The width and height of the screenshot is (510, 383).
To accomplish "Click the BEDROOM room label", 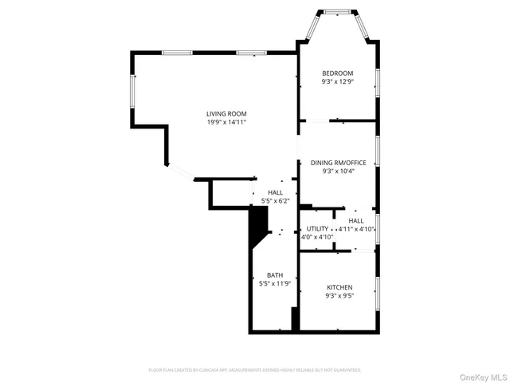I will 337,73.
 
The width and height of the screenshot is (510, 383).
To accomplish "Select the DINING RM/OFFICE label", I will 338,163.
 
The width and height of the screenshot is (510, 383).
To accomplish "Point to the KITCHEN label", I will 339,286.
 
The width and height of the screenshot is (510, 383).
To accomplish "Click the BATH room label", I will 275,275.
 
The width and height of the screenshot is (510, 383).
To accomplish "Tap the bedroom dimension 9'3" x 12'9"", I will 337,81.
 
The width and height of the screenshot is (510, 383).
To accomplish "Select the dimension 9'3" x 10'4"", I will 338,171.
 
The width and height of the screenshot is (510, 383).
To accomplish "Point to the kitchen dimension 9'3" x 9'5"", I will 339,295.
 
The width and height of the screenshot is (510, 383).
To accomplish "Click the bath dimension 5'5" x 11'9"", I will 275,283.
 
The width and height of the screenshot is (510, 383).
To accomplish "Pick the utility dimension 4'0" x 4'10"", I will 316,237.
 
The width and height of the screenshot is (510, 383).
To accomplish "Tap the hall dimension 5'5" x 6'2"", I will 276,201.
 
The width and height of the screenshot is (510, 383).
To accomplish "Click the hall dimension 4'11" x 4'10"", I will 357,229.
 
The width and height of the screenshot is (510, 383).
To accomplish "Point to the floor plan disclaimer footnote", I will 255,370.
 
